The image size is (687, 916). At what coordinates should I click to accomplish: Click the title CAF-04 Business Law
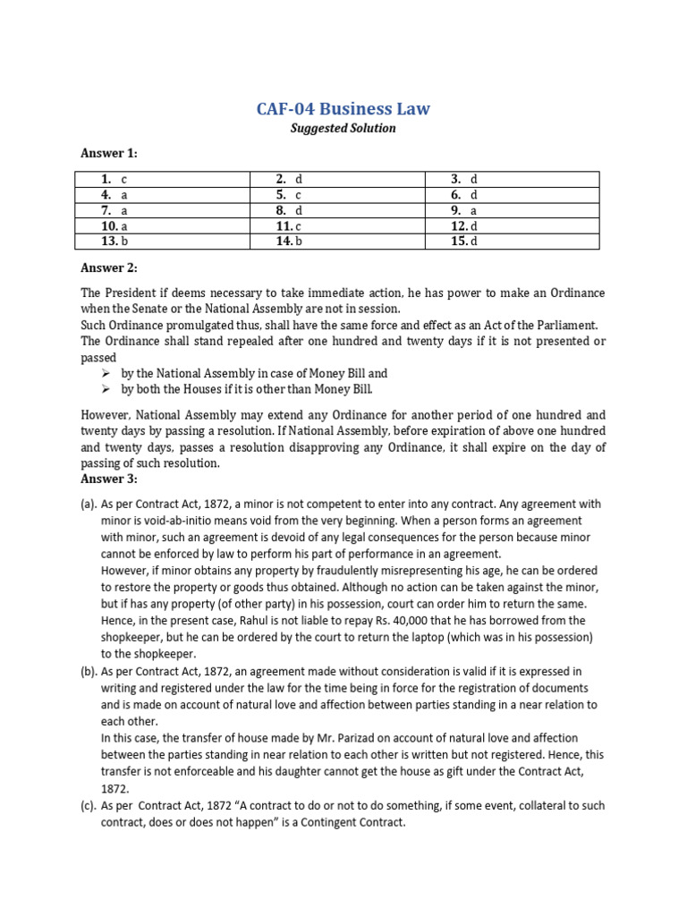click(343, 109)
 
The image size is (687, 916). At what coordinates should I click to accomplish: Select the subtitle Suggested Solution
click(343, 128)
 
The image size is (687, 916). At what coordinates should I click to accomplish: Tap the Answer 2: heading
click(109, 267)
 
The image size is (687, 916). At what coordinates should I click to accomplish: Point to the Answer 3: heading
click(109, 479)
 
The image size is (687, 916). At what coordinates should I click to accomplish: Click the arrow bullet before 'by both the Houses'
click(105, 390)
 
